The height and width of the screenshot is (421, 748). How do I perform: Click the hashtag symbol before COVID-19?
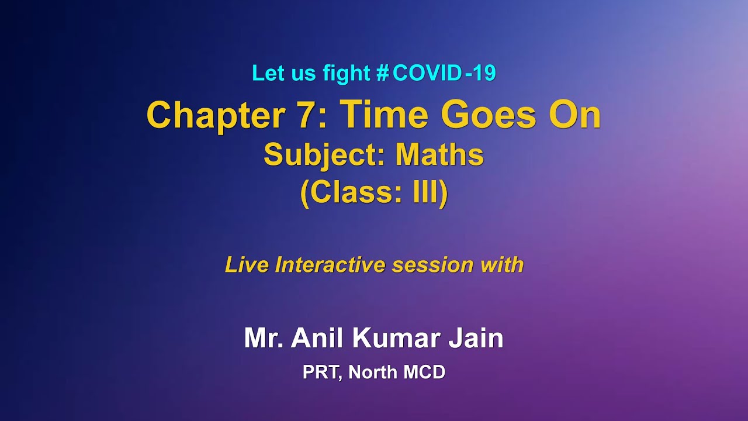(x=383, y=74)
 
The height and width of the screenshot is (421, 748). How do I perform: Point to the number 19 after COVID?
(x=483, y=74)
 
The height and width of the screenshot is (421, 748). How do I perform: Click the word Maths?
(x=439, y=155)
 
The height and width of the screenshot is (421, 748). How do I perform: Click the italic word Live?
(x=247, y=265)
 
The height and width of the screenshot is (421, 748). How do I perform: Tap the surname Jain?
(x=476, y=339)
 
